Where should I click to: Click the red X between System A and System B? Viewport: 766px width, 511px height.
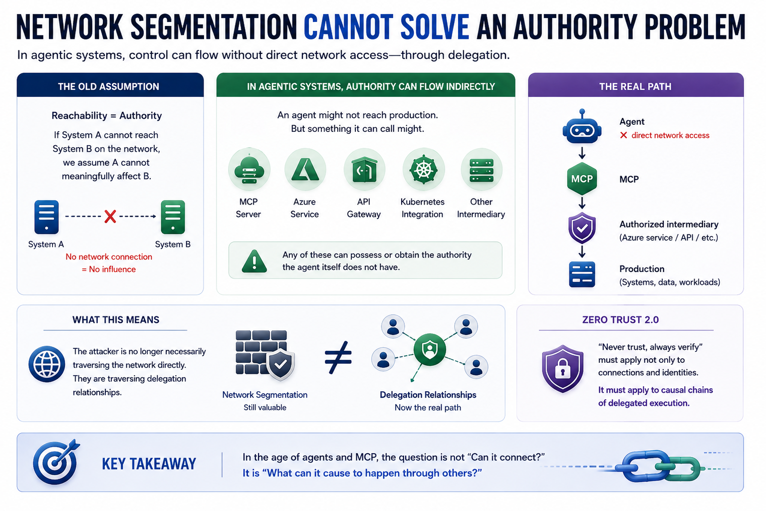(x=110, y=216)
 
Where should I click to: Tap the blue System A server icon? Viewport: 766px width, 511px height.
(x=46, y=217)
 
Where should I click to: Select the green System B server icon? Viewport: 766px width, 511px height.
(x=173, y=217)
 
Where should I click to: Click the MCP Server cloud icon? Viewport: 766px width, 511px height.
(x=250, y=170)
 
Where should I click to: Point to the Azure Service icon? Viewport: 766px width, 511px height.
(x=305, y=170)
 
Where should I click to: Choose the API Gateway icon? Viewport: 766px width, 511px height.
(x=364, y=170)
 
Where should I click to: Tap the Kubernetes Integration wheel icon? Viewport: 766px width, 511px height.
(x=423, y=170)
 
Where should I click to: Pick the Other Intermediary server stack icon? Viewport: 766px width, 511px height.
(x=482, y=170)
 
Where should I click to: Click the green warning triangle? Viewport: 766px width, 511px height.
(x=254, y=261)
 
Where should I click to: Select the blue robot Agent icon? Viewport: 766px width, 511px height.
(x=582, y=127)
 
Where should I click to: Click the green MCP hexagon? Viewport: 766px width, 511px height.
(x=582, y=179)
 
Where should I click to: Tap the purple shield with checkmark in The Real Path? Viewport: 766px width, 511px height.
(x=582, y=228)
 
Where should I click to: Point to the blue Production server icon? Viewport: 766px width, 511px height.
(x=582, y=274)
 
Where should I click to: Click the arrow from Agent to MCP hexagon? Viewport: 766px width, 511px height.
(x=582, y=153)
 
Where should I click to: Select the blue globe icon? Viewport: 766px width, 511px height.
(x=47, y=364)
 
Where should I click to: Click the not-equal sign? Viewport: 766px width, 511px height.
(x=338, y=357)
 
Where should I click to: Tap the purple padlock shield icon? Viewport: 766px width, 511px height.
(x=562, y=369)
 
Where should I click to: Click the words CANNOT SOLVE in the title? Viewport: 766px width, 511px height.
(x=386, y=27)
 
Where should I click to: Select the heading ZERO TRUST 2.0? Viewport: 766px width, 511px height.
(x=620, y=320)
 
